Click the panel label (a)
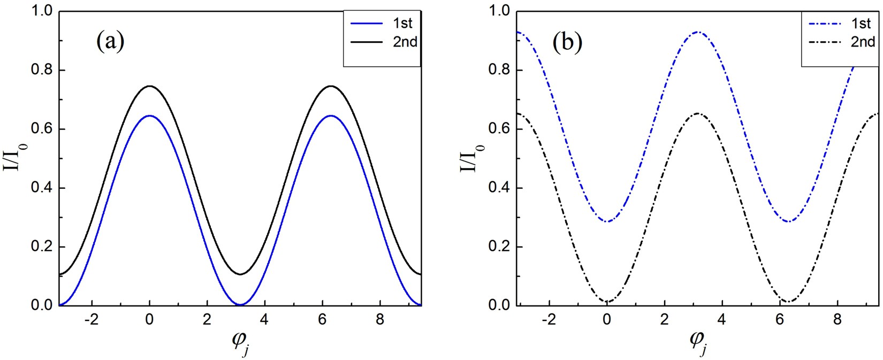tap(110, 41)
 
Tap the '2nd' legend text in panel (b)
tap(863, 42)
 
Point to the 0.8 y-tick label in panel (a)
tap(41, 70)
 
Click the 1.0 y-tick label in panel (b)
tap(498, 11)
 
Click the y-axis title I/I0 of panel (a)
tap(16, 159)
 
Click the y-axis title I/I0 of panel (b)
tap(473, 159)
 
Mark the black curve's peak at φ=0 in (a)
tap(150, 86)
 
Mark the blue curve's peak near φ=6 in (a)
tap(331, 116)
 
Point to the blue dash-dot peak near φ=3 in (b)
tap(697, 32)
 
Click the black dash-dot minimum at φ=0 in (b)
tap(607, 302)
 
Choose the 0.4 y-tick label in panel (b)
tap(498, 188)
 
